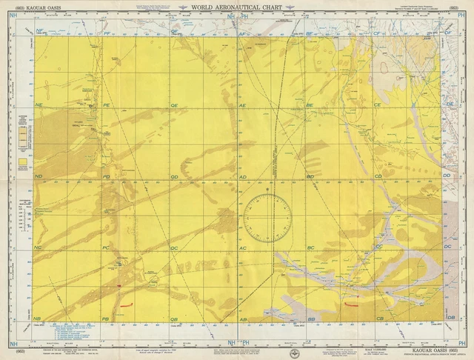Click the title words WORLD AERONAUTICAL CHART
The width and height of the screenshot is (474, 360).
(x=237, y=8)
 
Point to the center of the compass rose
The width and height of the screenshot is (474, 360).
(x=267, y=218)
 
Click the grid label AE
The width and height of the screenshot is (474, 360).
(x=243, y=107)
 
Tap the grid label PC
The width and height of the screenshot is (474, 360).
(x=106, y=247)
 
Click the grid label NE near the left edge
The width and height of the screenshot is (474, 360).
(x=39, y=107)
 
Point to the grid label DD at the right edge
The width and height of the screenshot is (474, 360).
(x=447, y=176)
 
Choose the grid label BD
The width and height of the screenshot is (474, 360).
(x=310, y=177)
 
